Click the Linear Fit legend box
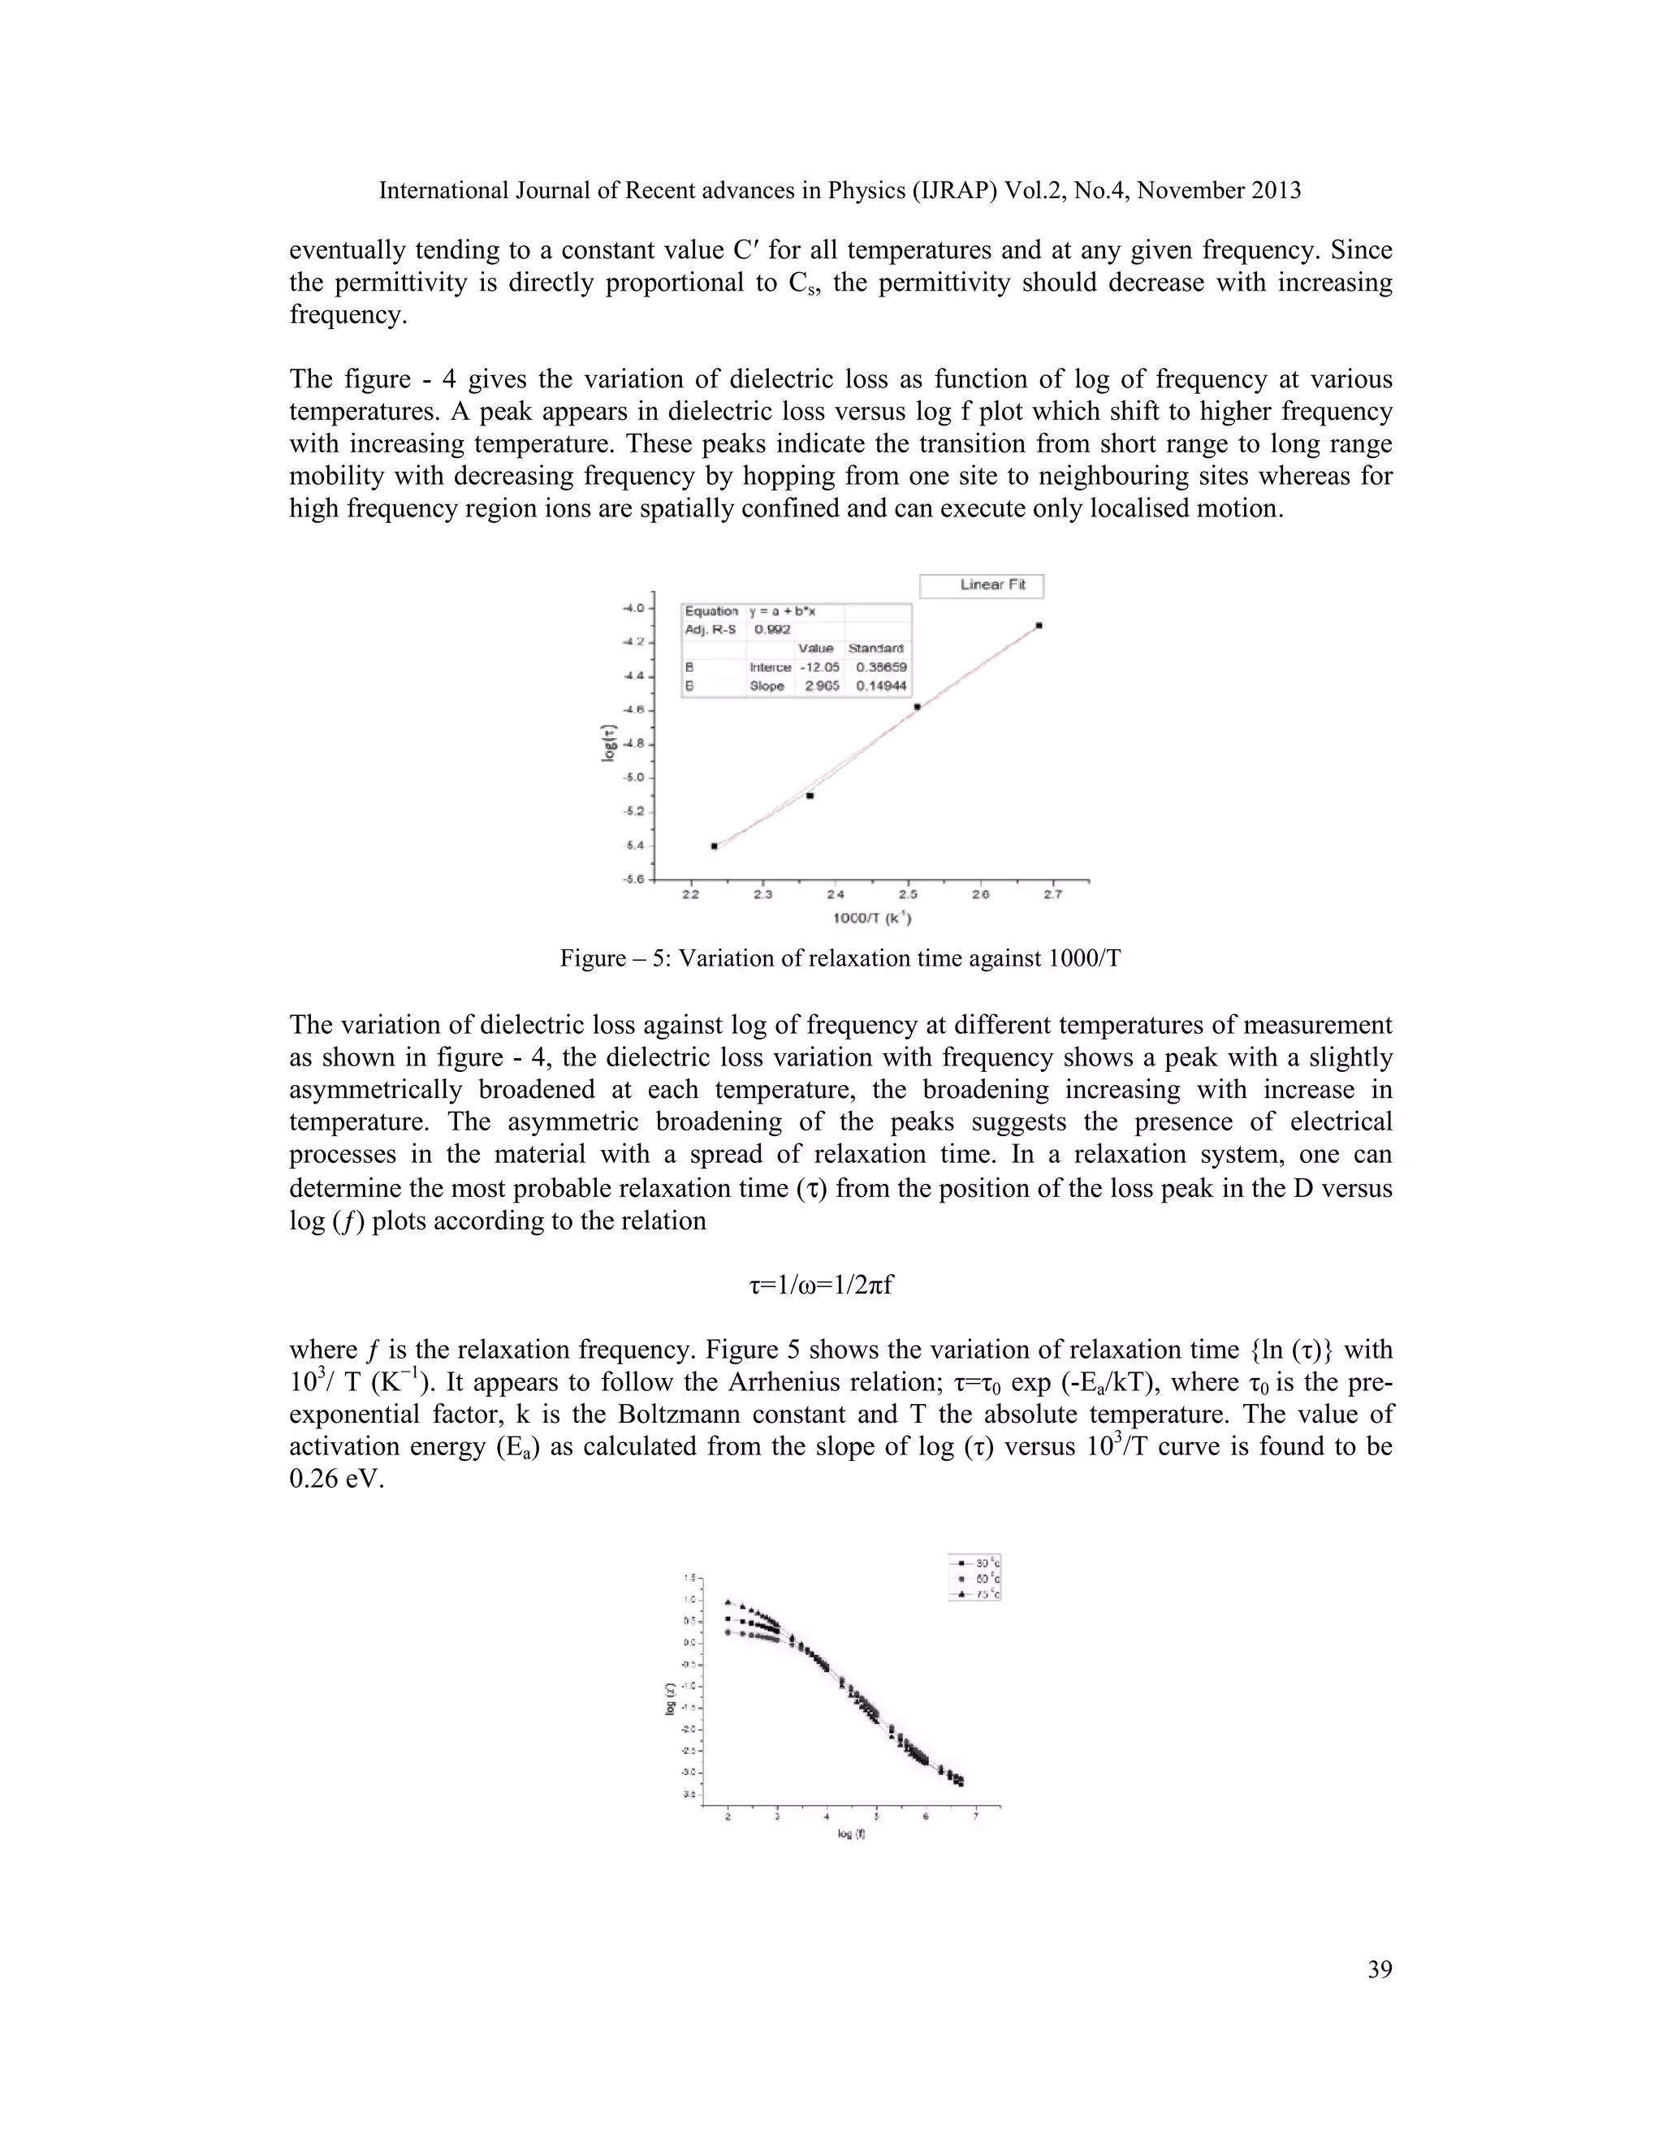(x=981, y=586)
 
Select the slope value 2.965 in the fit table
(x=822, y=686)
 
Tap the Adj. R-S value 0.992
(x=771, y=629)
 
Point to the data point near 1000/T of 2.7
(x=1039, y=624)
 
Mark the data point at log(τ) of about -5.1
(x=810, y=795)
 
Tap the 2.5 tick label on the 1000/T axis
(x=907, y=895)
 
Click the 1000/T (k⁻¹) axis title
(x=872, y=918)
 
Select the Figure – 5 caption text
(x=840, y=957)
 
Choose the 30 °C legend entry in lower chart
(x=975, y=1562)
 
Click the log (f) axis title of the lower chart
(x=851, y=1834)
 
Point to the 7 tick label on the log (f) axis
(x=975, y=1817)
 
